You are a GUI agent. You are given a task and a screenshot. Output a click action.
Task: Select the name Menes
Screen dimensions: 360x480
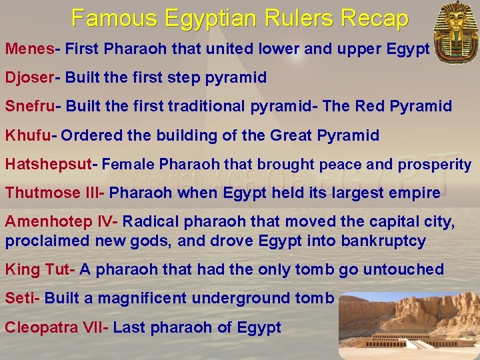30,49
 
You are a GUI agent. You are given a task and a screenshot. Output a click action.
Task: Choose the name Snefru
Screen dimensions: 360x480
31,107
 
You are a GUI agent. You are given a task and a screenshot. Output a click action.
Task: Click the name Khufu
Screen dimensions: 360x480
27,136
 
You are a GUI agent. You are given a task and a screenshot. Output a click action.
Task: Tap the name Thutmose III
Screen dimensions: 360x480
53,193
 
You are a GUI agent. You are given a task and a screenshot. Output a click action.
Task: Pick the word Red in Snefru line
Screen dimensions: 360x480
369,107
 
